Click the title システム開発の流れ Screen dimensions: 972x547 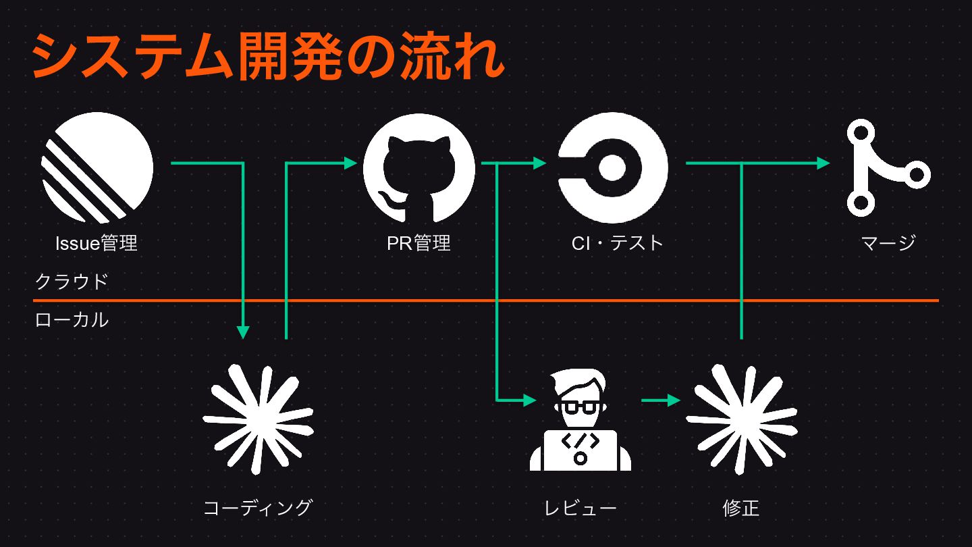268,57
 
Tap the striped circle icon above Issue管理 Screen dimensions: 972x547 97,168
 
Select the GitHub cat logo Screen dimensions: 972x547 419,168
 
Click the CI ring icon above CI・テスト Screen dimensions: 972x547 613,167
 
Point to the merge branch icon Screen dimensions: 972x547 888,167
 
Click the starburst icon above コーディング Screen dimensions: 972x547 258,419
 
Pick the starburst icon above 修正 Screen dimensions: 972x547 742,419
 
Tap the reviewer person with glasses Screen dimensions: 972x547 580,419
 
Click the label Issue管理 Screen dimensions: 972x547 97,243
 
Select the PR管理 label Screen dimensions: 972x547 418,243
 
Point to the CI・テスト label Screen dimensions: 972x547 618,243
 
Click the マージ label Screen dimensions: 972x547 888,243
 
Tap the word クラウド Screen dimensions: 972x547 72,282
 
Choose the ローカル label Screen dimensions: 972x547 72,320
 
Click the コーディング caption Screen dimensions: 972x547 258,508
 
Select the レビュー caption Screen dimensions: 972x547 580,508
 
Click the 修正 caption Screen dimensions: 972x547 741,508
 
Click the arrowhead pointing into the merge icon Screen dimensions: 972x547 823,163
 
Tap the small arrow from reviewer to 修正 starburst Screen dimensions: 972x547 661,400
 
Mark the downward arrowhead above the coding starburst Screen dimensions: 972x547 243,332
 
